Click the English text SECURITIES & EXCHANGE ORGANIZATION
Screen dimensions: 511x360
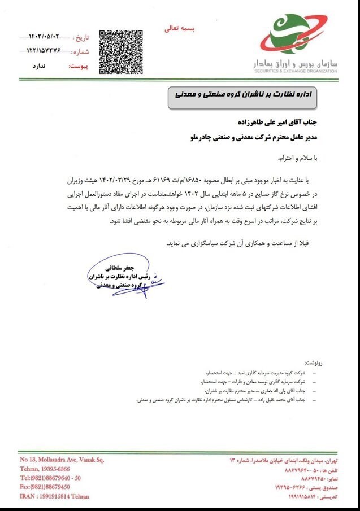[296, 71]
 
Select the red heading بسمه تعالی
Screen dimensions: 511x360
[179, 28]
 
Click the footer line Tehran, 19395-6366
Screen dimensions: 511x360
[45, 469]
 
